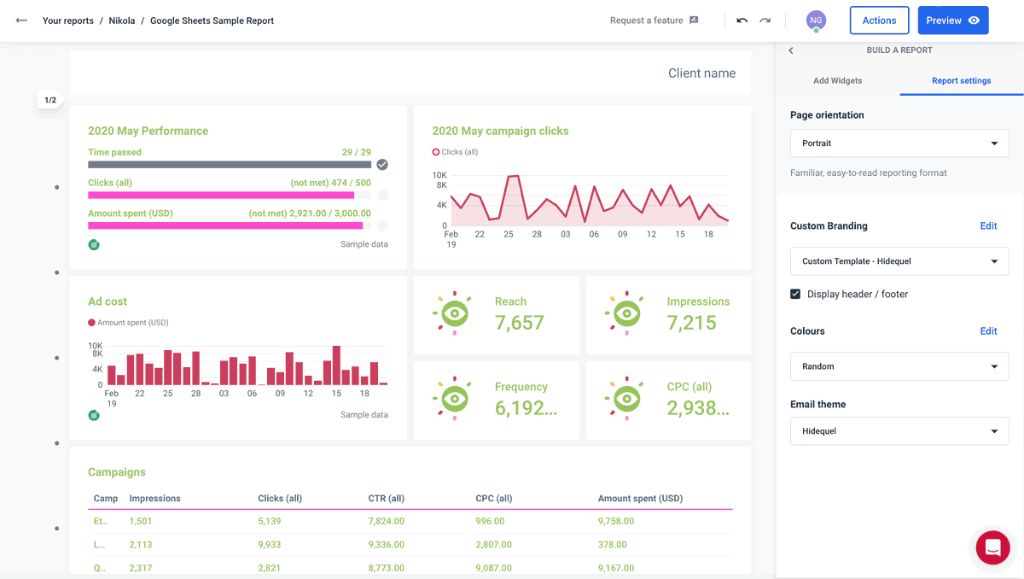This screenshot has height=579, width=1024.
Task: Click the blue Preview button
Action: coord(952,20)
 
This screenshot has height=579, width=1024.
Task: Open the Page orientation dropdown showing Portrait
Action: coord(899,143)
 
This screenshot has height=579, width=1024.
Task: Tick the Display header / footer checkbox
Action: coord(795,294)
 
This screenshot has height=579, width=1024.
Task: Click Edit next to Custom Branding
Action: coord(988,226)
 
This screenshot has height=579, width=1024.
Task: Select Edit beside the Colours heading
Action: coord(988,331)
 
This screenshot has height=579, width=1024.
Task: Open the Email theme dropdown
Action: coord(899,431)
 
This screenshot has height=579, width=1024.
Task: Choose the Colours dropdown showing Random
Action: coord(899,366)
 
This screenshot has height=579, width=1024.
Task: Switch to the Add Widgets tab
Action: coord(837,80)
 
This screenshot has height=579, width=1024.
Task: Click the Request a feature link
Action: coord(654,20)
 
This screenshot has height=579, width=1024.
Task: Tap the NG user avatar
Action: coord(816,20)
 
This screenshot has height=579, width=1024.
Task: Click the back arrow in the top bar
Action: coord(21,20)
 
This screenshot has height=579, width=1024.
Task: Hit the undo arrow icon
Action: coord(742,20)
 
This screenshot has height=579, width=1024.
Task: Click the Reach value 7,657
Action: coord(519,323)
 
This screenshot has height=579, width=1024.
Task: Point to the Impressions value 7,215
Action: coord(691,323)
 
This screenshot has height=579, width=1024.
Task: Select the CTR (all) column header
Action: coord(386,499)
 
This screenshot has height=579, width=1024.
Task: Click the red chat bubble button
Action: coord(992,547)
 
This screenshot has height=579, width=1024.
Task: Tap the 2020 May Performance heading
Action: coord(148,131)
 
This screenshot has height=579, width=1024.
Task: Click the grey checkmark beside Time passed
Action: coord(382,165)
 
